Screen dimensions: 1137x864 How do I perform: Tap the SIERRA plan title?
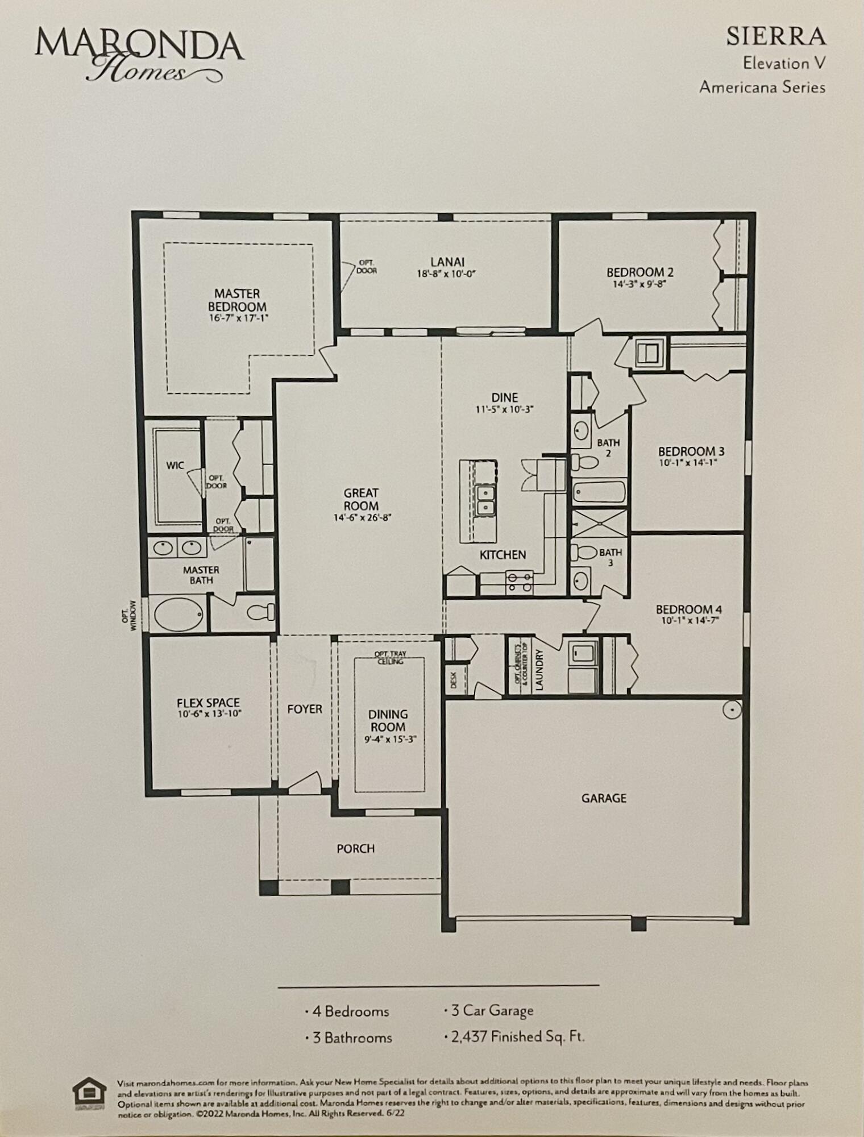coord(775,37)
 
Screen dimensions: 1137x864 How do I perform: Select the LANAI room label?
coord(447,262)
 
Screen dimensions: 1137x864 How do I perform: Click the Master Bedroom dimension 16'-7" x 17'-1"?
coord(238,318)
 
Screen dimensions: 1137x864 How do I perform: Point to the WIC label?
coord(175,466)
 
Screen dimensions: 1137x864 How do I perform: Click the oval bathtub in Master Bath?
coord(178,614)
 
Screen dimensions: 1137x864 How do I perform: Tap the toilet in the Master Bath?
coord(261,612)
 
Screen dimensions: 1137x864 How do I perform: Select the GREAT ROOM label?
coord(361,500)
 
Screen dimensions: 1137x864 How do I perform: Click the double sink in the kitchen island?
coord(485,500)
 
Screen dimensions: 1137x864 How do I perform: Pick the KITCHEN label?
coord(502,555)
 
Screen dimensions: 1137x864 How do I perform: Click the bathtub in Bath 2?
coord(599,492)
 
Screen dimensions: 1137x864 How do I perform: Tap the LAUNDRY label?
coord(539,670)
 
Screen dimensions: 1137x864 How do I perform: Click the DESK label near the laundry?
coord(454,680)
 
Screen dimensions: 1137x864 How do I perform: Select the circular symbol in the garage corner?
coord(732,709)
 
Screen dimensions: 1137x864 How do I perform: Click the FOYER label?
coord(305,709)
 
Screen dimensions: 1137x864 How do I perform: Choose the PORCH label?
coord(356,848)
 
